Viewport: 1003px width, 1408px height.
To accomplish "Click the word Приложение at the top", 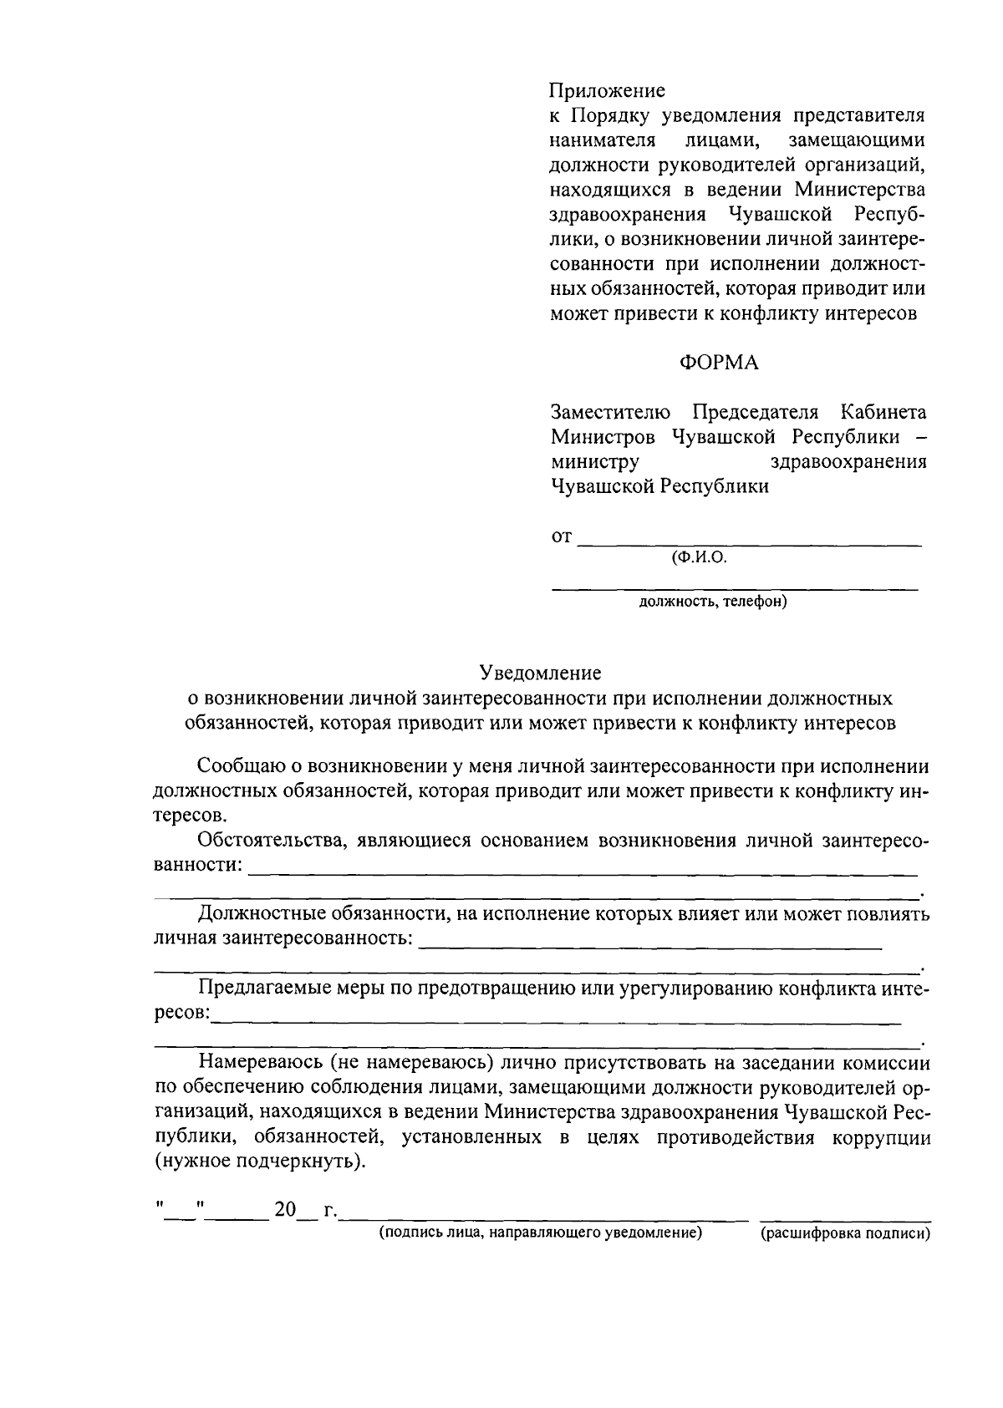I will click(607, 90).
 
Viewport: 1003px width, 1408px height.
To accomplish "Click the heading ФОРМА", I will click(719, 363).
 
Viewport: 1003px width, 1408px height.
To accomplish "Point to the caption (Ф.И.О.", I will click(699, 558).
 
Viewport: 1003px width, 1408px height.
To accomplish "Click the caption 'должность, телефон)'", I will click(712, 602).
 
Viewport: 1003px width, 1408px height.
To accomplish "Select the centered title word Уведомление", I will click(540, 673).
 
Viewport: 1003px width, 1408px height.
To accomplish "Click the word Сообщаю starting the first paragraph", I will click(239, 766).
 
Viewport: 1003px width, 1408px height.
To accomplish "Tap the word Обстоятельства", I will click(268, 841).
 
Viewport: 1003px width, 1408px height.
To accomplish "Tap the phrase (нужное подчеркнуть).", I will click(261, 1162).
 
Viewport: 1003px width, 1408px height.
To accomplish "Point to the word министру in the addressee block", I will click(594, 462).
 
